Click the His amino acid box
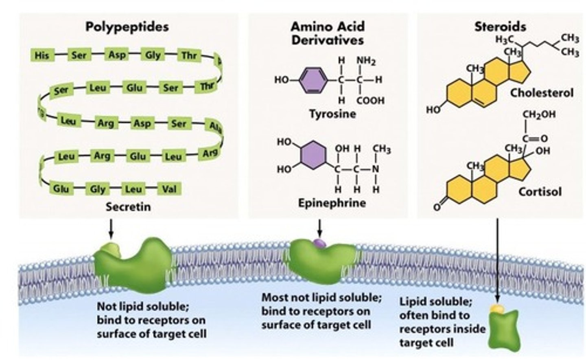[42, 55]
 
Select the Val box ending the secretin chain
[169, 189]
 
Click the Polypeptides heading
[127, 27]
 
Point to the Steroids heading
[500, 27]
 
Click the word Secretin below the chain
[128, 207]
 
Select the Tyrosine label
[332, 114]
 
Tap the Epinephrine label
[332, 203]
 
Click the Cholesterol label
[542, 93]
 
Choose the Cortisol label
[540, 191]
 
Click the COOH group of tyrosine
[370, 100]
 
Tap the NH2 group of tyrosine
[366, 61]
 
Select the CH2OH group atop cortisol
[539, 115]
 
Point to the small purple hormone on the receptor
[320, 244]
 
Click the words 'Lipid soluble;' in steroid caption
[435, 302]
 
